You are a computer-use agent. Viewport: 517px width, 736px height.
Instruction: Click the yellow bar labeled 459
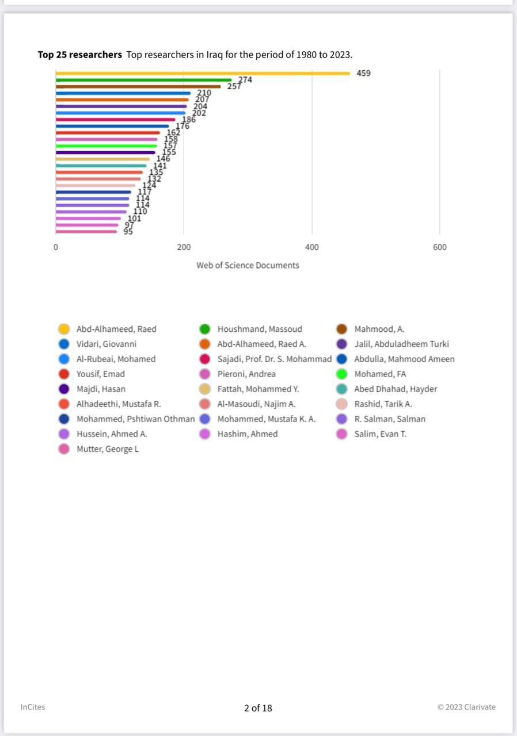click(203, 73)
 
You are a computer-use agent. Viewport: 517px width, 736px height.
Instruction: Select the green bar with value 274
click(144, 80)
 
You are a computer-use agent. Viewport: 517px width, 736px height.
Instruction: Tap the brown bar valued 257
click(138, 87)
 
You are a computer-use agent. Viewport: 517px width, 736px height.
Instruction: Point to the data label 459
click(363, 73)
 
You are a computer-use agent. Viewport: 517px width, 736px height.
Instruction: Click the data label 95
click(128, 232)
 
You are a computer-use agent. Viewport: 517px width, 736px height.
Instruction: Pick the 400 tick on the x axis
click(311, 247)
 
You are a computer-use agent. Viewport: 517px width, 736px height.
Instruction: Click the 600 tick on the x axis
click(439, 247)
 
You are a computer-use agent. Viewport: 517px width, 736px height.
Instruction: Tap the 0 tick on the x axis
click(56, 247)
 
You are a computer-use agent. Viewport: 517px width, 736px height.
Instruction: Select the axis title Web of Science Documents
click(248, 265)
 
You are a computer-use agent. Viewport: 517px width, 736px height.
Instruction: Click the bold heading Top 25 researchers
click(79, 55)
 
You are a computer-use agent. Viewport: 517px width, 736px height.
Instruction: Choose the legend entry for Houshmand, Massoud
click(260, 329)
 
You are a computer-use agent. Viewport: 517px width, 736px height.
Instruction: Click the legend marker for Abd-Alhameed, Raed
click(64, 329)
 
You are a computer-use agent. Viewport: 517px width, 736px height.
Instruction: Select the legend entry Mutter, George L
click(108, 449)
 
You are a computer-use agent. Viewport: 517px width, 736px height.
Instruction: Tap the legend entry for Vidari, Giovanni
click(107, 344)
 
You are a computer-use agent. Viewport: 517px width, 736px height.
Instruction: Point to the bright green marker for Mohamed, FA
click(341, 374)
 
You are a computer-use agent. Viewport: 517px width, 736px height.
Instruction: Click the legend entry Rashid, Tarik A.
click(383, 404)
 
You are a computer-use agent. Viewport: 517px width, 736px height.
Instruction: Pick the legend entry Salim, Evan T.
click(380, 434)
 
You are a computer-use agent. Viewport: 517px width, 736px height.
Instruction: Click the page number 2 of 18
click(258, 708)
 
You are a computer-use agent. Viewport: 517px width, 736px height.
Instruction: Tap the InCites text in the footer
click(33, 707)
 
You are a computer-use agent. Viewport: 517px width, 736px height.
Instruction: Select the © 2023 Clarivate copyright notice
click(466, 707)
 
